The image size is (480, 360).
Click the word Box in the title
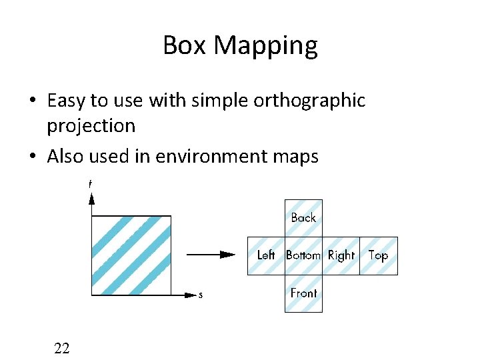[184, 45]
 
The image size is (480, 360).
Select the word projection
[91, 126]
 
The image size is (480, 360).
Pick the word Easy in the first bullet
[67, 101]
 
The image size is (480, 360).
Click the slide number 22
[62, 347]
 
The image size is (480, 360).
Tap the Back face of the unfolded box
[303, 218]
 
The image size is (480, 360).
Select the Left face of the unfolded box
[266, 255]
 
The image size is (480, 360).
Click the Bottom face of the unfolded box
[303, 255]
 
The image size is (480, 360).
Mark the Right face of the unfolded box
[341, 255]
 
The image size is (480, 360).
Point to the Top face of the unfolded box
[379, 255]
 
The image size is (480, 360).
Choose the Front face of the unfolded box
[303, 293]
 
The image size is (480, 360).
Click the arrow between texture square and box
[210, 254]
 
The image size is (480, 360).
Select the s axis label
[201, 295]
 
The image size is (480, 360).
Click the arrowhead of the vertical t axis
[92, 199]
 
